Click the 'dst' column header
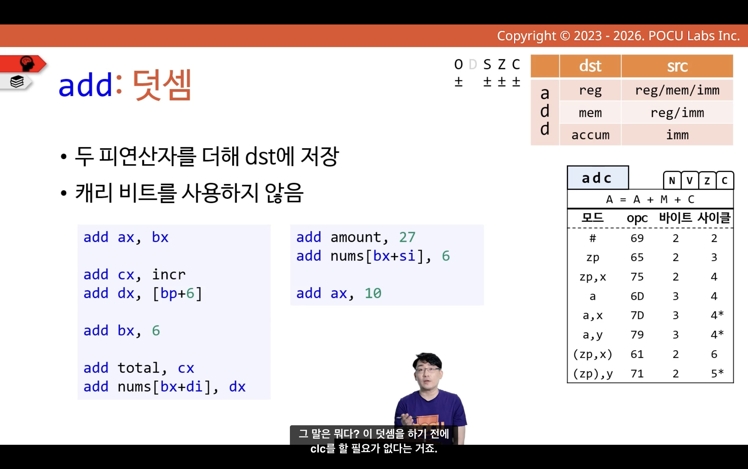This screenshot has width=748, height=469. (590, 66)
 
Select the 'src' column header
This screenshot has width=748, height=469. (677, 66)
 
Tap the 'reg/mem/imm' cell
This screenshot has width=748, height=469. (677, 90)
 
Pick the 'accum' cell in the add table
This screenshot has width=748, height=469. (590, 135)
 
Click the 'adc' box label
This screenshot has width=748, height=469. (598, 178)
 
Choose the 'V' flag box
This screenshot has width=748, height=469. (690, 180)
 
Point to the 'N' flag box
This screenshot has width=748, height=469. (672, 180)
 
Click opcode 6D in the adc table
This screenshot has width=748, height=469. (637, 296)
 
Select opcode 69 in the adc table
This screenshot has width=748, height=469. (637, 238)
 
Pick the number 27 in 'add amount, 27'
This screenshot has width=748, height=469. (407, 237)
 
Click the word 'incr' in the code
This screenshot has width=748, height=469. (169, 275)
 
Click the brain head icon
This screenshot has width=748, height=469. (27, 64)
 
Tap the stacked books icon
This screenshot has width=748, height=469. (17, 82)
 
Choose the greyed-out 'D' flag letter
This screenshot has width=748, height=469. (473, 64)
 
